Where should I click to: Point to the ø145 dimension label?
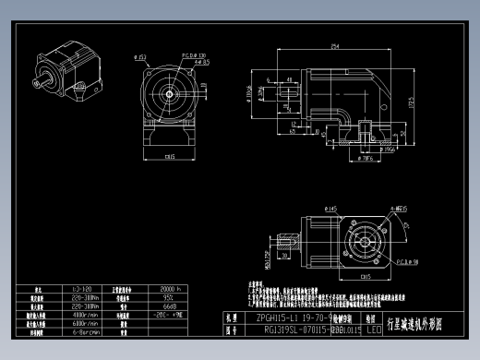coord(331,209)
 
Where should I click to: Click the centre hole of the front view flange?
coord(170,93)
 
